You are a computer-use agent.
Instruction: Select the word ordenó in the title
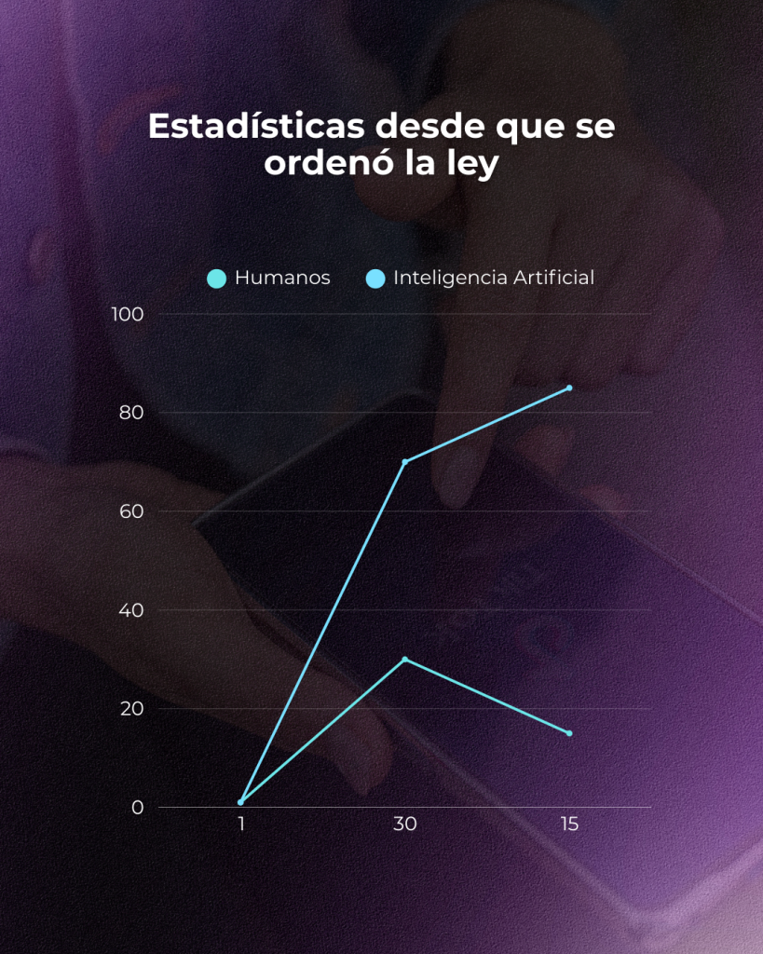(323, 163)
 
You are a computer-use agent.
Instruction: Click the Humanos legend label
(282, 278)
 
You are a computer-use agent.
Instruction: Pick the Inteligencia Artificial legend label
(494, 278)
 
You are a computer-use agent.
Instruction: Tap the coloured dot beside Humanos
(217, 279)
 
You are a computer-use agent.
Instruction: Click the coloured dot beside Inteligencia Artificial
(375, 279)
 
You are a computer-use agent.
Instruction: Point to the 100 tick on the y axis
(128, 314)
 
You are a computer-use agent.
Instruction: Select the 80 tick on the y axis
(131, 413)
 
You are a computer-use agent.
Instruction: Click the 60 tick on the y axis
(131, 511)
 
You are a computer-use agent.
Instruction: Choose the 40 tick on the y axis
(131, 610)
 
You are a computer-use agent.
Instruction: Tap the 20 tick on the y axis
(131, 709)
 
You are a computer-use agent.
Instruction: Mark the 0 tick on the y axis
(137, 808)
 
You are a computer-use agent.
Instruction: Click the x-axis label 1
(240, 825)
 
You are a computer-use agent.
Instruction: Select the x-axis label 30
(404, 825)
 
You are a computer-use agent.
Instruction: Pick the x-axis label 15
(568, 825)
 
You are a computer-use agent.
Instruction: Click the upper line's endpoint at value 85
(569, 388)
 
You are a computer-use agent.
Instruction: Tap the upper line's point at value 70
(404, 461)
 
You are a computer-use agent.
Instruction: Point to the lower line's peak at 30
(404, 659)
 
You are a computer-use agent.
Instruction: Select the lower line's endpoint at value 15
(569, 733)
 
